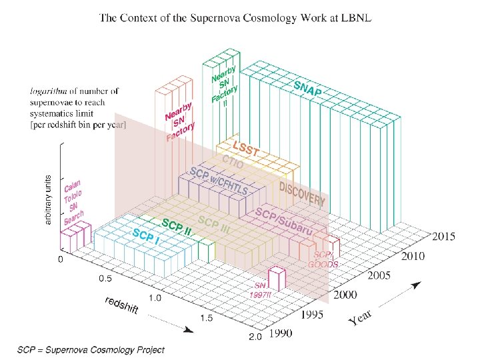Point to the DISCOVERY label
(x=302, y=192)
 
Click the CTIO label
(x=233, y=163)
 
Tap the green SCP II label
(x=177, y=227)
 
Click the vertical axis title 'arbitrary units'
(x=48, y=199)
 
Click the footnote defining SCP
(x=91, y=349)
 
